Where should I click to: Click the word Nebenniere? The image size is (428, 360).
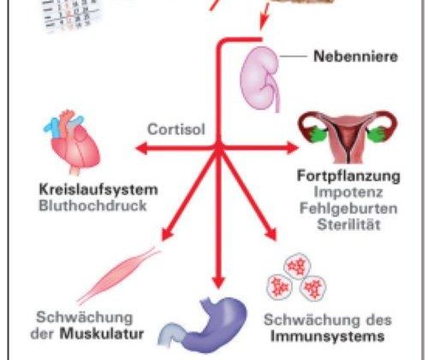[355, 56]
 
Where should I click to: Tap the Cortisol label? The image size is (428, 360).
[176, 129]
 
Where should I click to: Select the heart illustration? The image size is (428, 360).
[72, 142]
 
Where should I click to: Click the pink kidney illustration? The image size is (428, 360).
[260, 79]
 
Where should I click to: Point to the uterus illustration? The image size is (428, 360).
[347, 136]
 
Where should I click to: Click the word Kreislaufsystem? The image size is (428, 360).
[98, 190]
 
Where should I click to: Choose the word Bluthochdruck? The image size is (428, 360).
[92, 205]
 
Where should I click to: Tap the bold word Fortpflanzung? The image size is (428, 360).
[348, 176]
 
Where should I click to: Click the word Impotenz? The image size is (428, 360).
[348, 192]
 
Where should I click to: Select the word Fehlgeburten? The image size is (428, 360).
[348, 209]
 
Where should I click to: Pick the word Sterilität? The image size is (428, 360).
[348, 225]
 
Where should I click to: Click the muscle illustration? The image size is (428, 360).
[118, 274]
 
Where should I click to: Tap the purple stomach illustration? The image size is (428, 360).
[203, 325]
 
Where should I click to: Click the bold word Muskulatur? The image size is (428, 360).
[102, 333]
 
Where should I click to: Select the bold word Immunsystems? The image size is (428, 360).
[327, 336]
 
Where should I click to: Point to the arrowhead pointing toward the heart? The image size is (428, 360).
[142, 148]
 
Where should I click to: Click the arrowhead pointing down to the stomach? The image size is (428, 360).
[218, 282]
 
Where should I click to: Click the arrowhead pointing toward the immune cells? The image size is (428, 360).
[271, 234]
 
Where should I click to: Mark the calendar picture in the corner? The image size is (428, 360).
[71, 15]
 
